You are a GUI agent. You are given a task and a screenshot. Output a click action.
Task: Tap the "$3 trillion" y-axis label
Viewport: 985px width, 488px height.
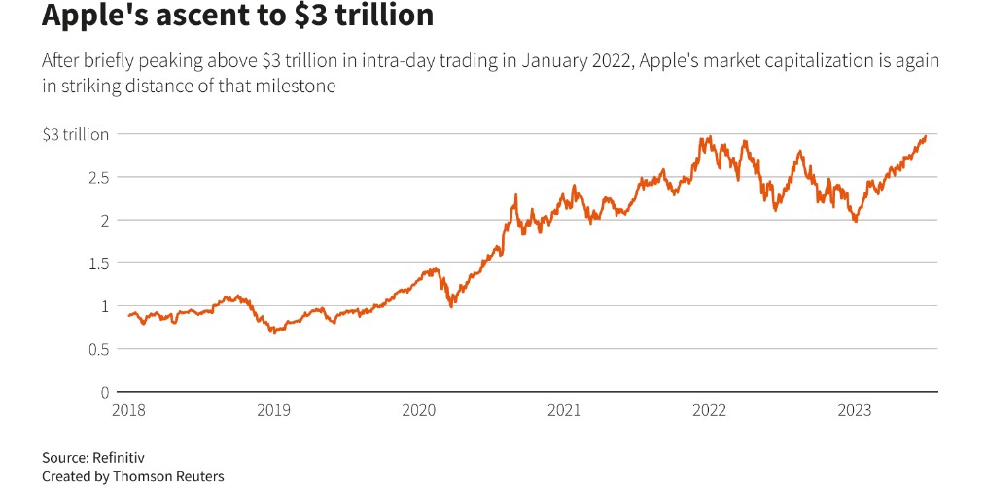75,134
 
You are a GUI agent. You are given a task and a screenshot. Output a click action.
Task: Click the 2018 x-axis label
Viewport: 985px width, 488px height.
128,410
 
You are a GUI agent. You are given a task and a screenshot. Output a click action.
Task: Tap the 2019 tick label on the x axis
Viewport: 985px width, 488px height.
273,410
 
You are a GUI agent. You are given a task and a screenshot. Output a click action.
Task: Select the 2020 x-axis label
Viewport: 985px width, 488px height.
418,410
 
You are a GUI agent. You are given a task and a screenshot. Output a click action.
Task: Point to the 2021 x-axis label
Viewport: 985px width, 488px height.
563,410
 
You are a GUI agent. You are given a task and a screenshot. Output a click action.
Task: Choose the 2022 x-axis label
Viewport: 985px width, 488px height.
708,410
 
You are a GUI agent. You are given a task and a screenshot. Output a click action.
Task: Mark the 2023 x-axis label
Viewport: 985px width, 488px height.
853,410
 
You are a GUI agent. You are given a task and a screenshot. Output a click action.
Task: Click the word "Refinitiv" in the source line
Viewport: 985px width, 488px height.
124,456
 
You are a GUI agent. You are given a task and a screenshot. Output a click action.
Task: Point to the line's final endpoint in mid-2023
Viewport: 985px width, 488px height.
925,136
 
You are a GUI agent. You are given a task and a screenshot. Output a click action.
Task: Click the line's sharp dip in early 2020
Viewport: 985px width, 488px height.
451,306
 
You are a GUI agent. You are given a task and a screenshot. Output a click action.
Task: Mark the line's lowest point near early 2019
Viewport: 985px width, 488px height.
273,332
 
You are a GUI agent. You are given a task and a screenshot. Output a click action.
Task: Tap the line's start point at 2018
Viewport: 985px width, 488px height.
129,315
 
